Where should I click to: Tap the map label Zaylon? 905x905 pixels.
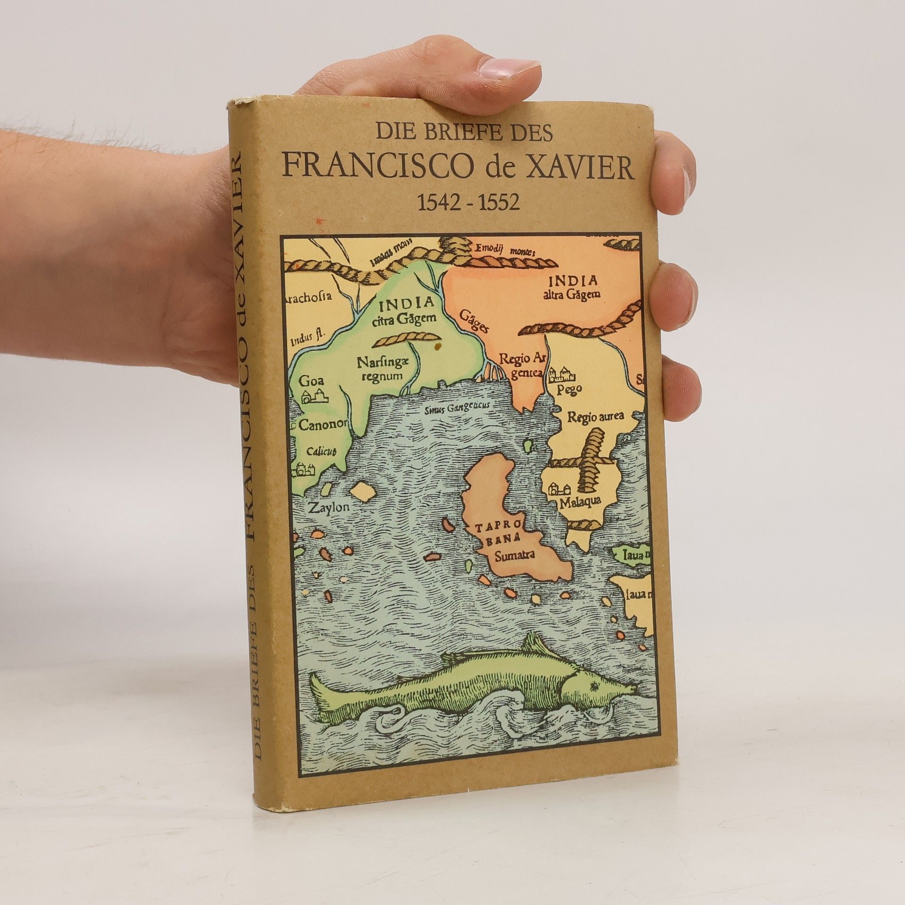(327, 508)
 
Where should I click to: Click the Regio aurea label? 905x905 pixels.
(595, 416)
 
